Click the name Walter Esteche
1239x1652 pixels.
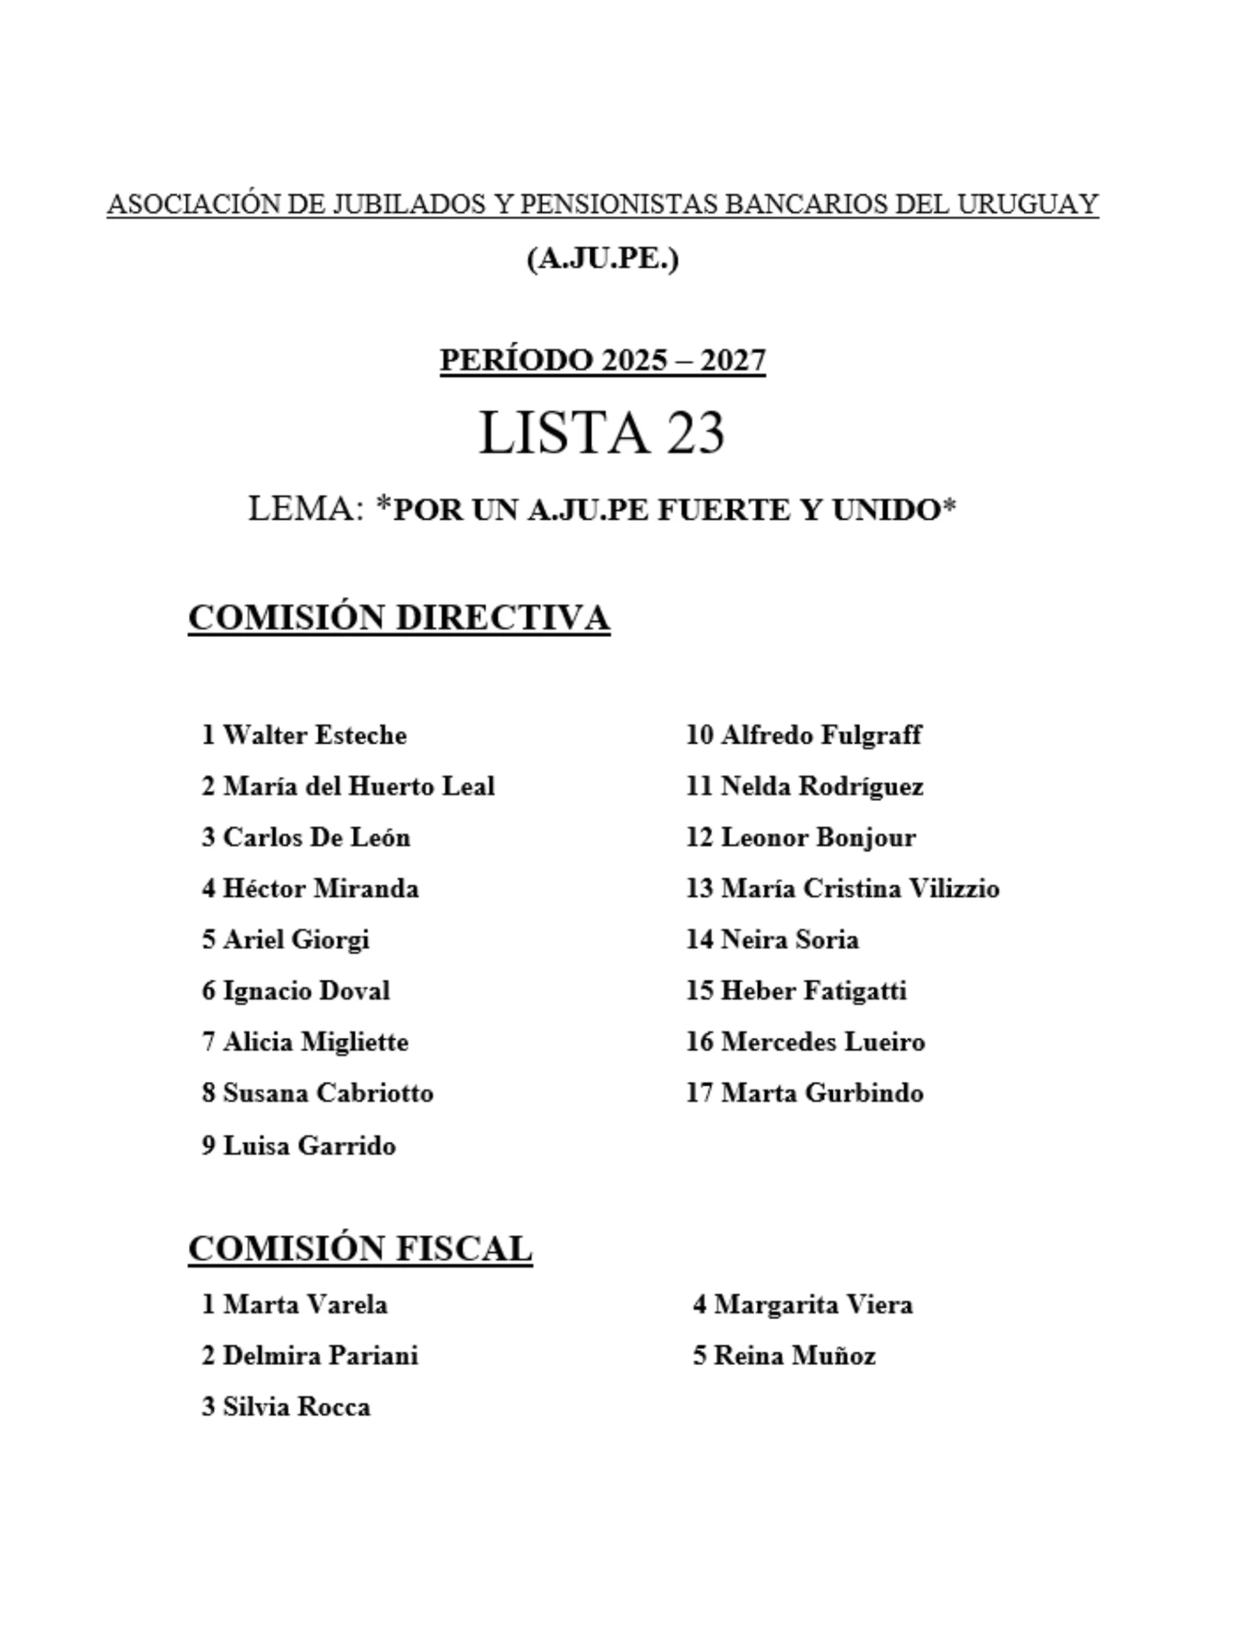point(314,735)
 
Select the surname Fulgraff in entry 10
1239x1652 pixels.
point(871,735)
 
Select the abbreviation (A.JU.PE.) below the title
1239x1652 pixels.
point(603,259)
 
